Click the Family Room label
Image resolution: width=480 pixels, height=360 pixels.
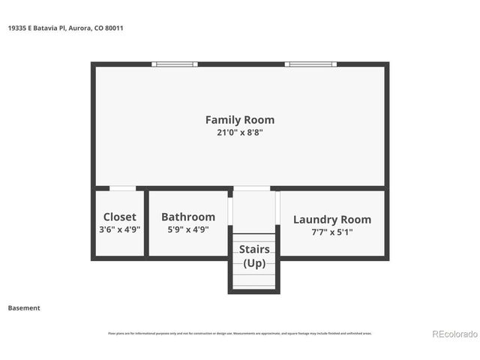click(x=240, y=119)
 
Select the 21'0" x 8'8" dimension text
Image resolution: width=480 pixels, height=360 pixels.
click(x=240, y=133)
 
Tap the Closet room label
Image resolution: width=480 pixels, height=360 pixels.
click(x=119, y=217)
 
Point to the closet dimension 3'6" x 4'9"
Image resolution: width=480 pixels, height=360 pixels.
click(x=119, y=229)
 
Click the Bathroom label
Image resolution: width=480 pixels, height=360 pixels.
click(x=188, y=217)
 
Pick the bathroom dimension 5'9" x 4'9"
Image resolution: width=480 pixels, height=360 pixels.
click(x=188, y=229)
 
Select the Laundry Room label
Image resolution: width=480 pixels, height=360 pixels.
click(x=331, y=220)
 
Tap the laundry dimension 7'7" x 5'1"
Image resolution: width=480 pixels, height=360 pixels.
click(x=331, y=232)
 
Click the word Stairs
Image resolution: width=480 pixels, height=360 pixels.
click(x=254, y=249)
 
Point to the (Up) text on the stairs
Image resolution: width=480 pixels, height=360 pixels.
click(x=254, y=262)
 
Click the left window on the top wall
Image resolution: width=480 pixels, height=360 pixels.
click(x=175, y=64)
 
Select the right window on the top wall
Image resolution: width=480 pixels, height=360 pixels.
click(x=311, y=64)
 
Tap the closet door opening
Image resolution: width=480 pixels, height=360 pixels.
click(x=122, y=188)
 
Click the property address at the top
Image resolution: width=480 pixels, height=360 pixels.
click(x=66, y=28)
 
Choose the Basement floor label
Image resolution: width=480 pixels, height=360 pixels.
click(x=24, y=307)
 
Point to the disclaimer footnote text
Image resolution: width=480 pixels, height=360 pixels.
click(x=240, y=334)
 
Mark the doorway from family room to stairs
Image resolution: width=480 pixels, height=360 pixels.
click(x=253, y=188)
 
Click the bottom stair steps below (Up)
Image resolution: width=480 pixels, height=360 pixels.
click(x=254, y=281)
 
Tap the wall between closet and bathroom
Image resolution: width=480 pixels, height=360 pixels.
click(x=145, y=223)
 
